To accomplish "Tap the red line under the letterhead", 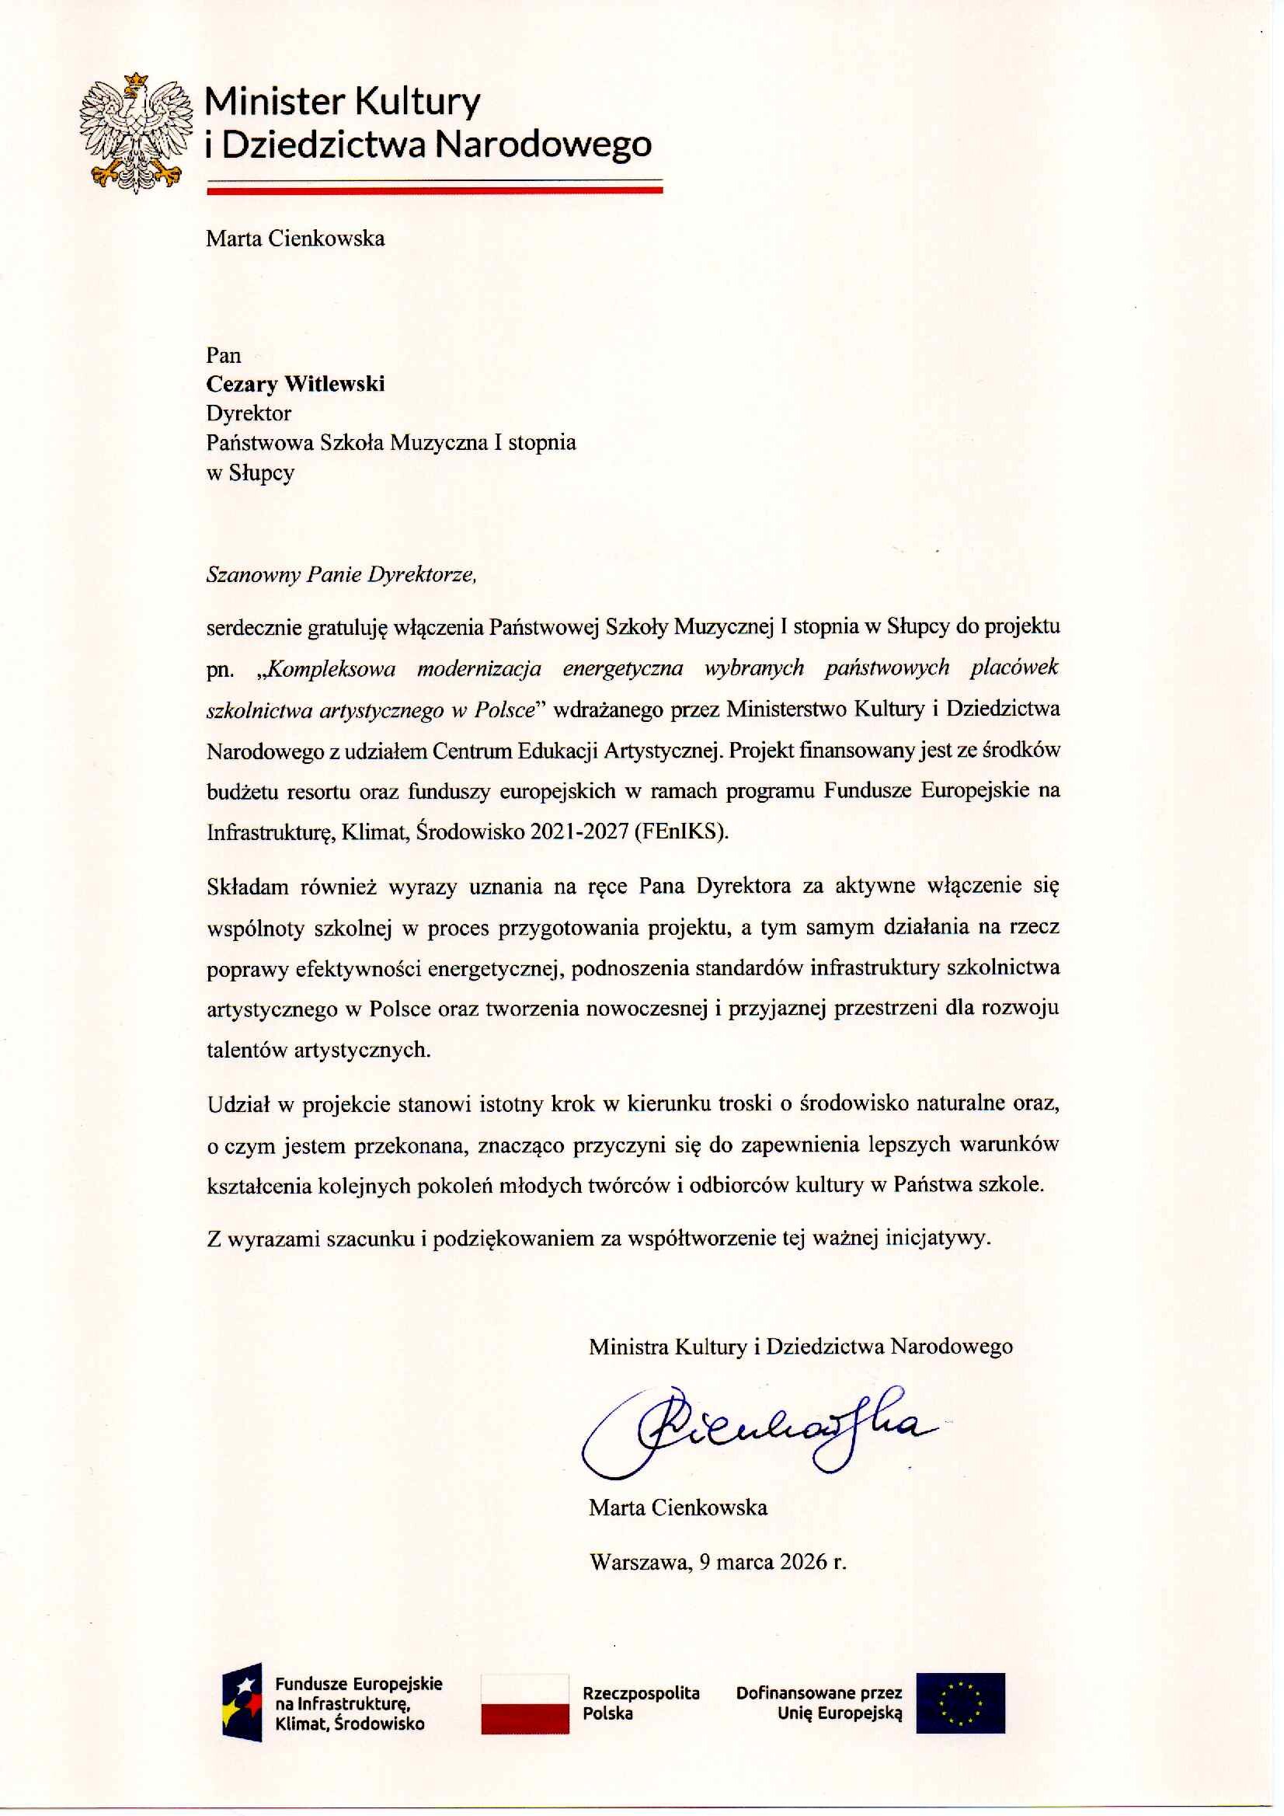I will (x=434, y=190).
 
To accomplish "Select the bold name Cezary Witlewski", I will (x=295, y=385).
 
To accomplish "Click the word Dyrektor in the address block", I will (x=249, y=413).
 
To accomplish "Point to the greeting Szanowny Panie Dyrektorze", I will (x=341, y=574).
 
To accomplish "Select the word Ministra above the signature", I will (x=628, y=1346).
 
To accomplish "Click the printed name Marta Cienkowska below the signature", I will (x=677, y=1508).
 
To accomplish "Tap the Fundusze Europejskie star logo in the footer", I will (x=242, y=1706).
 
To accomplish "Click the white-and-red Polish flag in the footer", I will (x=525, y=1703).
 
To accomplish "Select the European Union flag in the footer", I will (x=960, y=1703).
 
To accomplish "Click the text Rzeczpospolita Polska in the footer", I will (x=640, y=1703).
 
